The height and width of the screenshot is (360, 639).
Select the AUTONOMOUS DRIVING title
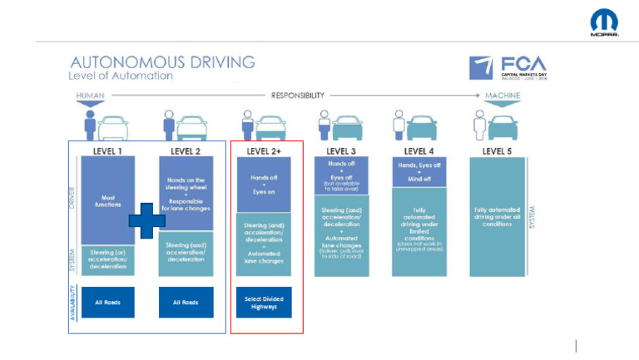pos(162,62)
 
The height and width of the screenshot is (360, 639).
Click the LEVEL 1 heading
pos(107,150)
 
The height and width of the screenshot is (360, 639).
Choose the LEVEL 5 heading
pos(498,150)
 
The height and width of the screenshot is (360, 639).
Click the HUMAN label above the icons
pos(91,96)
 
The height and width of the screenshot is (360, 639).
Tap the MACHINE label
pos(503,96)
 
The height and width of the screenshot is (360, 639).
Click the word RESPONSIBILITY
pos(297,96)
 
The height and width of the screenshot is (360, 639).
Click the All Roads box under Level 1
pos(107,302)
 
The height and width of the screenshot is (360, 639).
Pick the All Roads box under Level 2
pos(185,302)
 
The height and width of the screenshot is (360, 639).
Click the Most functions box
pos(107,200)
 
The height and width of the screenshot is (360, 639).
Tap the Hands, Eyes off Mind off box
pos(419,171)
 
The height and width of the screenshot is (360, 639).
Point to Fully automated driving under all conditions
pos(498,215)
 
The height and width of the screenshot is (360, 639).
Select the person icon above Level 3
pos(321,125)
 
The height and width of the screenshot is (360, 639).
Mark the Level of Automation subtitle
pos(121,76)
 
